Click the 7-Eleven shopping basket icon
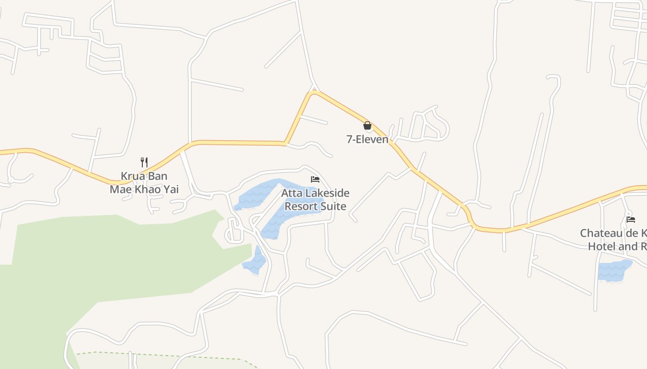pyautogui.click(x=367, y=125)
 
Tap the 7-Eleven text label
pyautogui.click(x=367, y=139)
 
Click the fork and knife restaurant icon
pyautogui.click(x=144, y=162)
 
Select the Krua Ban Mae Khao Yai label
pyautogui.click(x=144, y=183)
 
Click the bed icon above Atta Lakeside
pyautogui.click(x=315, y=179)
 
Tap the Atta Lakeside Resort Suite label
pyautogui.click(x=316, y=199)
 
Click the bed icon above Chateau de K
pyautogui.click(x=630, y=219)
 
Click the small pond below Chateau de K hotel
pyautogui.click(x=614, y=270)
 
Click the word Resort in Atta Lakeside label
pyautogui.click(x=302, y=206)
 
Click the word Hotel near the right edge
pyautogui.click(x=602, y=246)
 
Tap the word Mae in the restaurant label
pyautogui.click(x=121, y=189)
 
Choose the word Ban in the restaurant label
pyautogui.click(x=157, y=176)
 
